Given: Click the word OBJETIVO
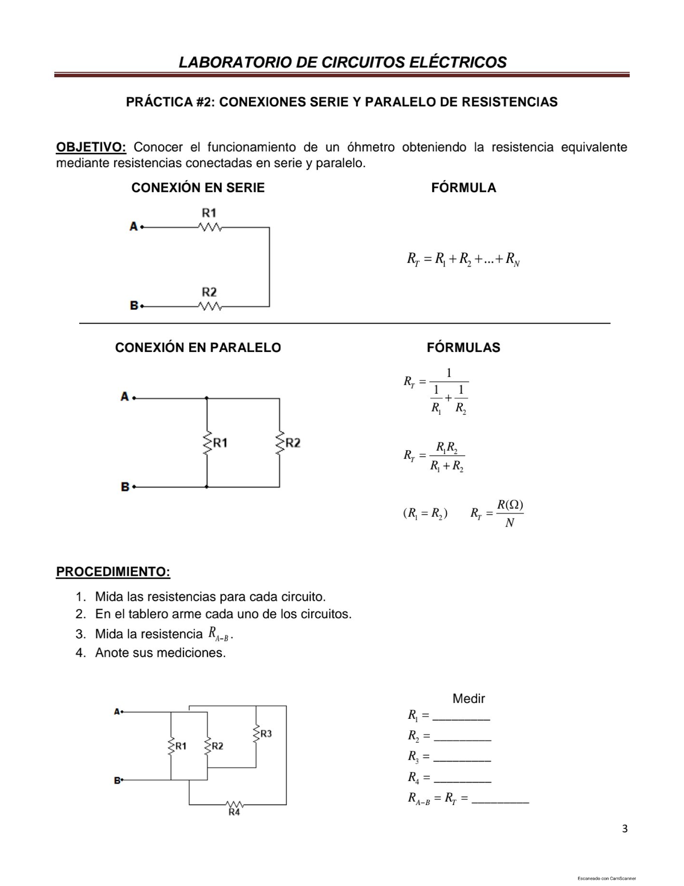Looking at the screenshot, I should (x=90, y=147).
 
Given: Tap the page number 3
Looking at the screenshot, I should (x=625, y=829).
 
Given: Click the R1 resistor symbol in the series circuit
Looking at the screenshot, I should (x=209, y=228).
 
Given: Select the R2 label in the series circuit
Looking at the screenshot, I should (x=209, y=292).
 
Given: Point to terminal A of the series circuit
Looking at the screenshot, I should (x=135, y=226).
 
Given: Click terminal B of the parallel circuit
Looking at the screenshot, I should (x=126, y=487).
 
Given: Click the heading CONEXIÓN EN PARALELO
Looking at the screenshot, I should (x=198, y=347).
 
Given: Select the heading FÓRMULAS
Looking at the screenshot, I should (x=463, y=347).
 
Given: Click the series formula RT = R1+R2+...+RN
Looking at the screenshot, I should (x=463, y=260).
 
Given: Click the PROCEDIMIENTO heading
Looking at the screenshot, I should (x=113, y=572).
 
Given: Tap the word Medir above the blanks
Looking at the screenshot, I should (x=469, y=698).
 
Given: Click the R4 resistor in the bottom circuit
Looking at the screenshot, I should (x=234, y=804).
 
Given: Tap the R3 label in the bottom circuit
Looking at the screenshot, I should (x=266, y=734).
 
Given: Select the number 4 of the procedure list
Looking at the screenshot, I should (x=80, y=653).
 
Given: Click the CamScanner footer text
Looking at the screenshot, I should (x=606, y=878).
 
